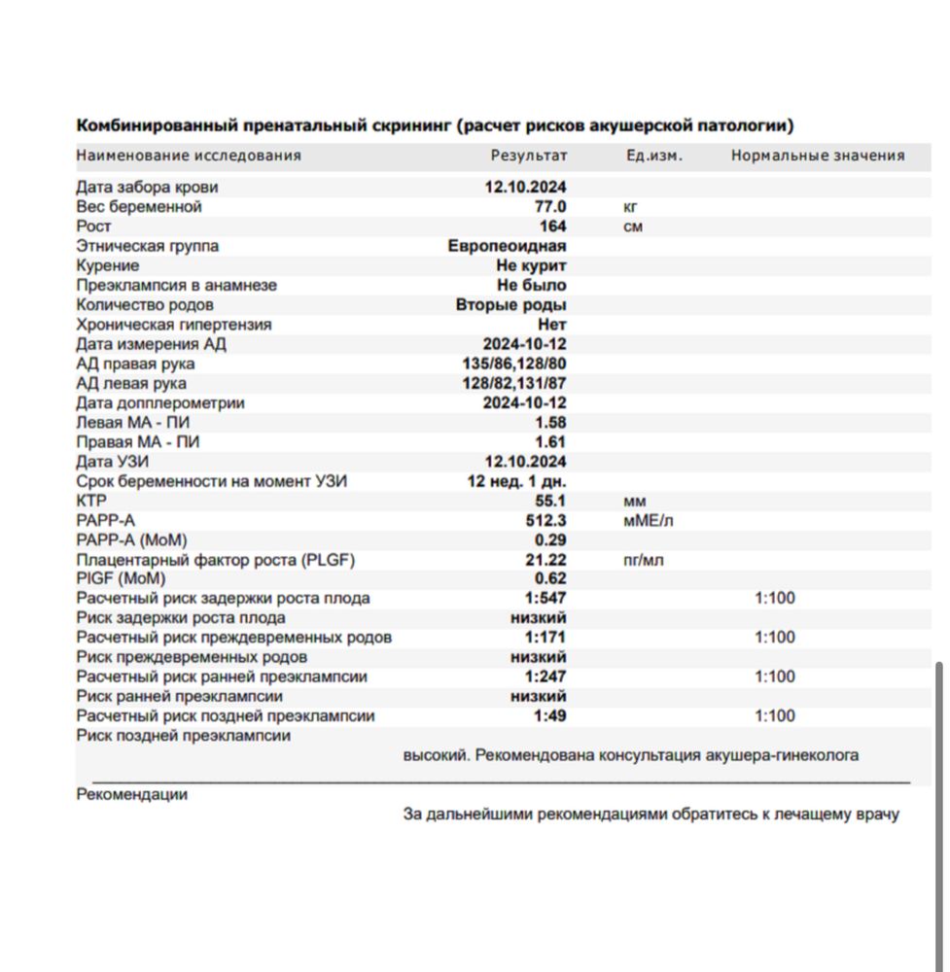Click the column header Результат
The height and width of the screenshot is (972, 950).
point(528,156)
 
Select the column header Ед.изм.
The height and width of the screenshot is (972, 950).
point(653,156)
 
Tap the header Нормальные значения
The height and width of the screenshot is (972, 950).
point(818,156)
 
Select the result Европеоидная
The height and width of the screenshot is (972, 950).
point(507,246)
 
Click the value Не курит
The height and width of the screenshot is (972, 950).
point(531,265)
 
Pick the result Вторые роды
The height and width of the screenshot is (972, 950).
point(511,305)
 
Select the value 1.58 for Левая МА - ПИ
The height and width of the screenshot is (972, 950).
point(550,423)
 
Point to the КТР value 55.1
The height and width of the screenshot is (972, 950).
point(550,501)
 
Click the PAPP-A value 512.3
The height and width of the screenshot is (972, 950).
point(546,520)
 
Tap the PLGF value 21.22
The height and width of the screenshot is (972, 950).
point(545,560)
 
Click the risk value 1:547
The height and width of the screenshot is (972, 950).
point(545,599)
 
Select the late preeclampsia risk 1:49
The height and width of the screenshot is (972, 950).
point(549,716)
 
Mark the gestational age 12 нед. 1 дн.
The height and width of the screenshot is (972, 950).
point(516,481)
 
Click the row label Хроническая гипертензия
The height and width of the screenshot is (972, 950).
point(174,325)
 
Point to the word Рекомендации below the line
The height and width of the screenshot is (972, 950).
point(131,794)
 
